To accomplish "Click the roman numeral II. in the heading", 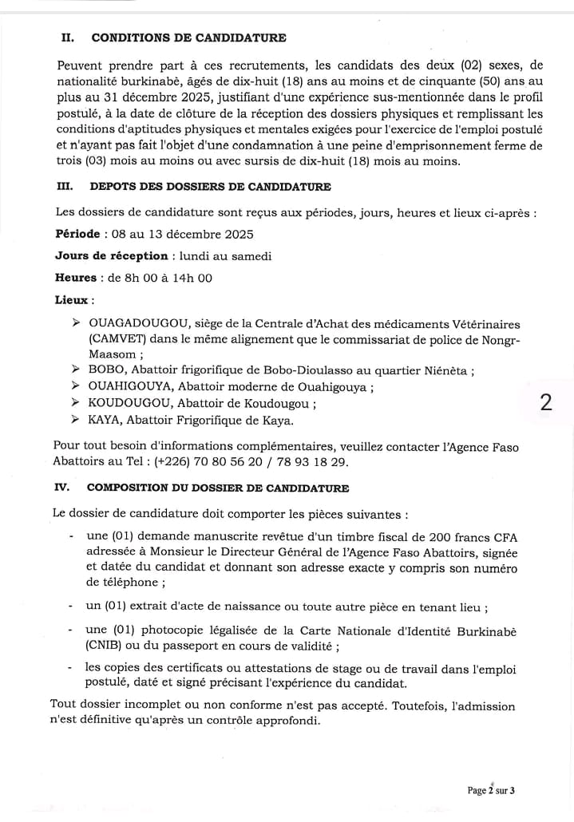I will pos(69,38).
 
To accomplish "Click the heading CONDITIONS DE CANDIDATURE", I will pos(188,38).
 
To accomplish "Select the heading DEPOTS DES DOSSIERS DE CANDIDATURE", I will pos(211,187).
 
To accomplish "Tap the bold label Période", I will pos(77,234).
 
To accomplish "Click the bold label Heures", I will pos(74,279).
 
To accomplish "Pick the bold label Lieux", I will pos(73,301).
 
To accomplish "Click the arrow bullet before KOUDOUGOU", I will pos(74,403).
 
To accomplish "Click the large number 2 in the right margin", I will pos(546,402).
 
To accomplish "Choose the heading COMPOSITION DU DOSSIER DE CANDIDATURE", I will pos(217,488).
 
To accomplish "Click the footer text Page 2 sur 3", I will pos(491,790).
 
